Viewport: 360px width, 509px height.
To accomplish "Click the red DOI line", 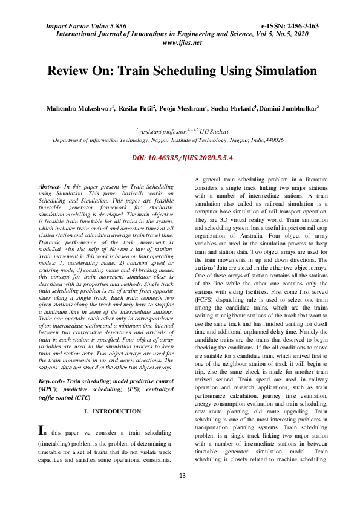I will point(182,157).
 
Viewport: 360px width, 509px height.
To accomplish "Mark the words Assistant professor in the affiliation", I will point(160,130).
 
